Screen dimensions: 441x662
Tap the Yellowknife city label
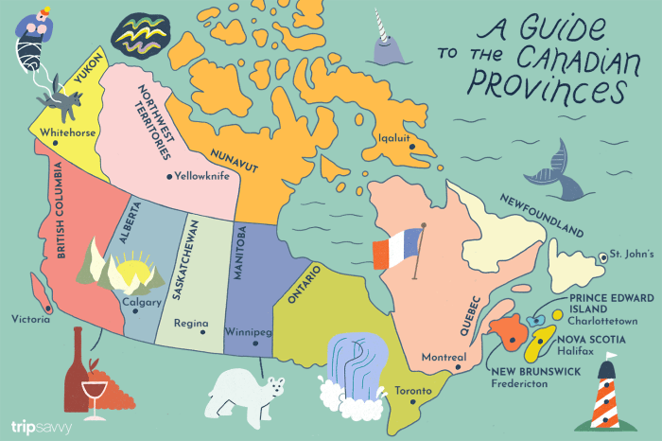203,175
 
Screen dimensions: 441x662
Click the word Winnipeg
250,333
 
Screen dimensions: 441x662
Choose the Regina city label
190,324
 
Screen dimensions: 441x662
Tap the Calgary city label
142,303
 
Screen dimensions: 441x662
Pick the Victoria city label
30,319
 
